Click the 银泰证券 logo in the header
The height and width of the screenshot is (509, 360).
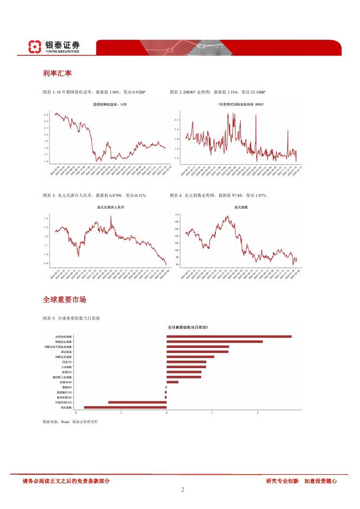click(x=54, y=47)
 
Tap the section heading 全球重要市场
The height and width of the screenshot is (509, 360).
click(x=64, y=300)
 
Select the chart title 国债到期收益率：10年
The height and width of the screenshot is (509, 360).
click(x=110, y=103)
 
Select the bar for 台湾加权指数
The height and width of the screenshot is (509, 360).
click(x=229, y=337)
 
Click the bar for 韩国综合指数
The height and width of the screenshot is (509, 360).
click(x=214, y=342)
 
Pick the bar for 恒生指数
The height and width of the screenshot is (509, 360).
click(x=125, y=407)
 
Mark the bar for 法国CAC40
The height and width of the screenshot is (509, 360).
click(x=172, y=382)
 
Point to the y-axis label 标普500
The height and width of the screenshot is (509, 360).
click(x=66, y=372)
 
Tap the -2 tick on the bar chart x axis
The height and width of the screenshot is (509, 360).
click(x=76, y=413)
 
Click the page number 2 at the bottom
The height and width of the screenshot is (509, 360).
click(x=183, y=490)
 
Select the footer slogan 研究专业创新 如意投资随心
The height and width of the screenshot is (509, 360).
click(x=301, y=481)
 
